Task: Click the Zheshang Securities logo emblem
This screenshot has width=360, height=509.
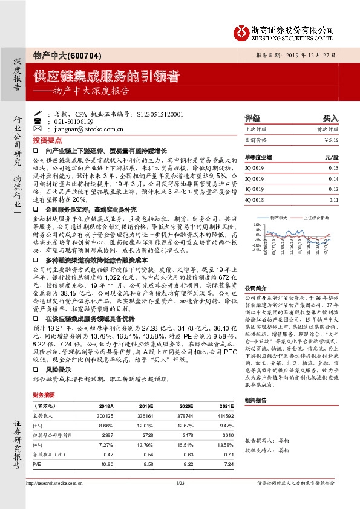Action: (x=242, y=31)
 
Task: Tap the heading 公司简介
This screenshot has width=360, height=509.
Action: (x=255, y=289)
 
